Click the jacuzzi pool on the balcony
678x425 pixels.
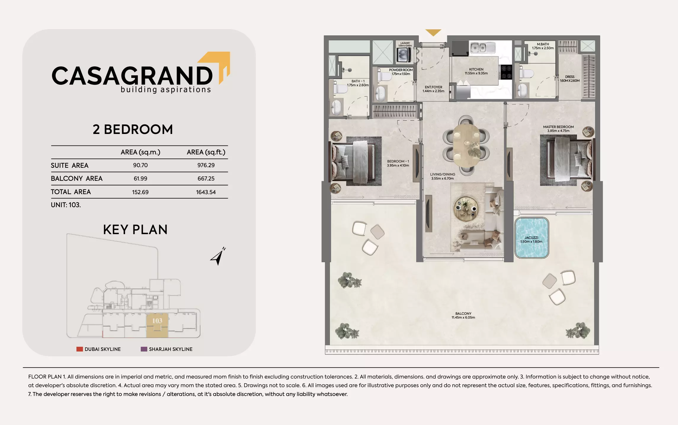click(532, 238)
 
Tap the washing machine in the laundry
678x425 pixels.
click(404, 55)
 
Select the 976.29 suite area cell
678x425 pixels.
click(206, 165)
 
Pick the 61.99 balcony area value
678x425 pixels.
click(140, 179)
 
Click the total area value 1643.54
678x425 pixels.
click(206, 192)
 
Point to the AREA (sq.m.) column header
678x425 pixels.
click(140, 152)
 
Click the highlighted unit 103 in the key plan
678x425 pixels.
click(157, 325)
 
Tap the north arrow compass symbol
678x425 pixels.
click(218, 256)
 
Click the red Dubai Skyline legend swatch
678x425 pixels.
click(79, 349)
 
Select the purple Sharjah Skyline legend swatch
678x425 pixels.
click(144, 349)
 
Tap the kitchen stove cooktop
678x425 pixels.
click(505, 72)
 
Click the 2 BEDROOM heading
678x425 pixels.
click(132, 130)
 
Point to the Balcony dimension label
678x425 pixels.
click(463, 315)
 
